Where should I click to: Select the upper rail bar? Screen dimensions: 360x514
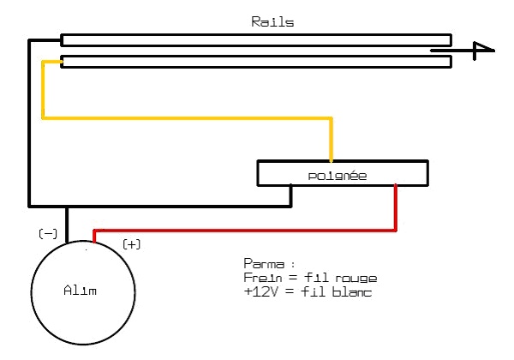(256, 39)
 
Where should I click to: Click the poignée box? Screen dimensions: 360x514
(343, 173)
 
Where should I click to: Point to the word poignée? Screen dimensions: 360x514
(338, 176)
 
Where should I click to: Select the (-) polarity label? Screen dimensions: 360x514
(48, 233)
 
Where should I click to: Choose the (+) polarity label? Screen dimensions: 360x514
(132, 244)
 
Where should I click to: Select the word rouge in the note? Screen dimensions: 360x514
(357, 279)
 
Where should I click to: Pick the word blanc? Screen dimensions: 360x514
(357, 292)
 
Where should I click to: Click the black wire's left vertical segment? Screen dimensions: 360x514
(31, 120)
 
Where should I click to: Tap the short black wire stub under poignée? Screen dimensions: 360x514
(291, 195)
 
